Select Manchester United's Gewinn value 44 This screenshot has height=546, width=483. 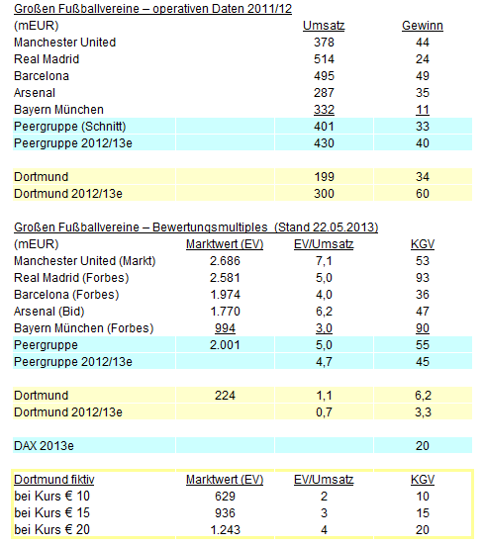[x=423, y=42]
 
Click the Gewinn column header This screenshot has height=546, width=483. [x=423, y=25]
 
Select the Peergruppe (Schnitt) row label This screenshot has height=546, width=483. [x=68, y=126]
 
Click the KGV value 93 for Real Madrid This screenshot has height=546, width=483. [x=423, y=277]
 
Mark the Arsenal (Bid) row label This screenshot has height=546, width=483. [x=50, y=311]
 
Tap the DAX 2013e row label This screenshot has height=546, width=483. [x=48, y=445]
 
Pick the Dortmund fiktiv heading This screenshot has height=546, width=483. [x=53, y=479]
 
